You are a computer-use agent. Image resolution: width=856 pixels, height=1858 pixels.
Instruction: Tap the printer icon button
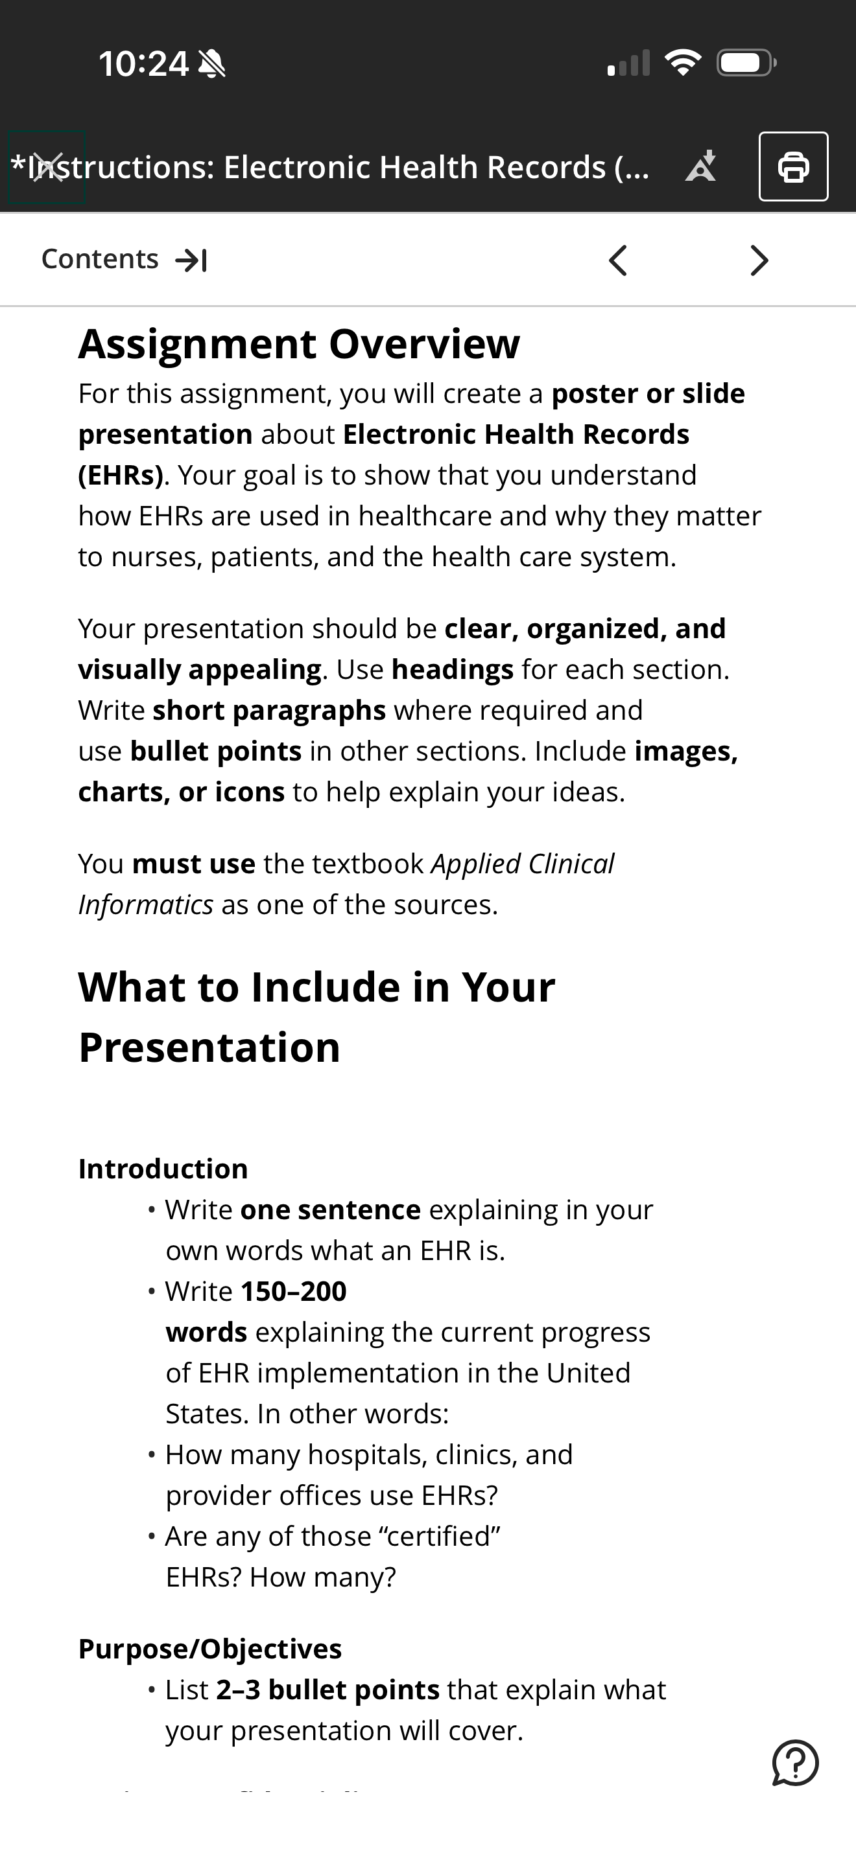pyautogui.click(x=793, y=166)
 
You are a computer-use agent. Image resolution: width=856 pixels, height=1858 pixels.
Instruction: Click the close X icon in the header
pyautogui.click(x=47, y=167)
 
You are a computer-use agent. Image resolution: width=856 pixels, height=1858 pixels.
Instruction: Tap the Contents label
pyautogui.click(x=100, y=259)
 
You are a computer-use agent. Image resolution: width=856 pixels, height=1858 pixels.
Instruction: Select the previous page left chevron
pyautogui.click(x=617, y=260)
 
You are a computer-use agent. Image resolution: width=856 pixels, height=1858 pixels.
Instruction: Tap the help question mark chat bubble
pyautogui.click(x=794, y=1763)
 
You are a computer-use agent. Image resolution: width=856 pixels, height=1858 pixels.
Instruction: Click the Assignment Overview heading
pyautogui.click(x=299, y=344)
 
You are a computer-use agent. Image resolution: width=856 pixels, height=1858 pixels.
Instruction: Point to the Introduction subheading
pyautogui.click(x=163, y=1169)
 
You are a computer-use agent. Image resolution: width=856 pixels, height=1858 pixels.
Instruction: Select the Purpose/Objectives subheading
pyautogui.click(x=210, y=1649)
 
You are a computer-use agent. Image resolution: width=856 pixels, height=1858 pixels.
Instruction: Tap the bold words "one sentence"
pyautogui.click(x=331, y=1210)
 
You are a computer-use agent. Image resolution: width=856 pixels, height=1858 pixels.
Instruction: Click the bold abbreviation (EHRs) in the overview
pyautogui.click(x=121, y=476)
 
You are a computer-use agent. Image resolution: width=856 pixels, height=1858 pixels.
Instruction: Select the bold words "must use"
pyautogui.click(x=194, y=864)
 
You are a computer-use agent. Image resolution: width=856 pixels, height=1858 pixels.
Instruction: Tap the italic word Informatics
pyautogui.click(x=146, y=904)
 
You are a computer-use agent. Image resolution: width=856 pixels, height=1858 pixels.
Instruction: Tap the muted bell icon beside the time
pyautogui.click(x=211, y=63)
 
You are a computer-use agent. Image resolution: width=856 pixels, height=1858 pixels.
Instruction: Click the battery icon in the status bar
pyautogui.click(x=746, y=63)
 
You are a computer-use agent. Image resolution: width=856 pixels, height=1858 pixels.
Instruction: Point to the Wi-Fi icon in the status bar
pyautogui.click(x=683, y=63)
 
